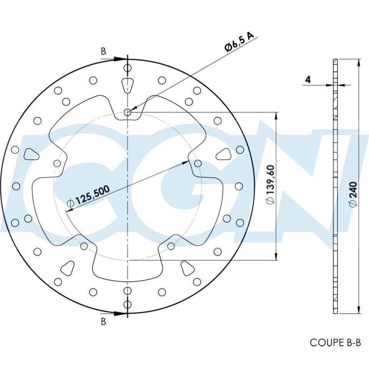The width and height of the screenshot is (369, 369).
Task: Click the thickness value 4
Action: click(308, 80)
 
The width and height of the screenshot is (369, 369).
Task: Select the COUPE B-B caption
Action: click(335, 342)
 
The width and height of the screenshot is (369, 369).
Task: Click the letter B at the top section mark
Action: click(103, 51)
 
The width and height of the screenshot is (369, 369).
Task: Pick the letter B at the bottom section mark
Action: click(103, 322)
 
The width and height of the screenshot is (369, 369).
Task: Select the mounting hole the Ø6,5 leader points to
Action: click(128, 113)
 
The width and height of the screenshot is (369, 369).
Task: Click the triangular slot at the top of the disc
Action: click(127, 84)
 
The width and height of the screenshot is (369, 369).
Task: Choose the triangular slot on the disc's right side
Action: click(223, 154)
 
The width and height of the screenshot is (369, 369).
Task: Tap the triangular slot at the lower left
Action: click(68, 267)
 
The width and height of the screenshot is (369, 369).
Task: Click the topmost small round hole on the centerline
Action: click(127, 68)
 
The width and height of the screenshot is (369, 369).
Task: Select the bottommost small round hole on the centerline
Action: click(127, 305)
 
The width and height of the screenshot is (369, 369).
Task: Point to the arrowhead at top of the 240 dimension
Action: click(359, 63)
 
